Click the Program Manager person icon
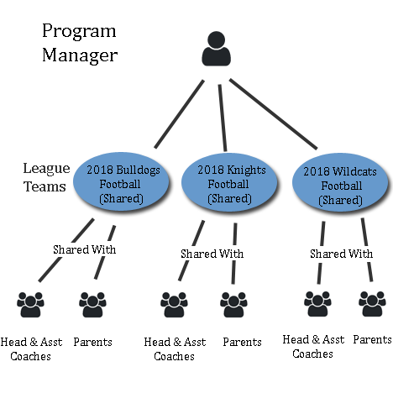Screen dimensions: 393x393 pos(216,49)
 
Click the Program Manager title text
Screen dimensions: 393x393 pos(80,43)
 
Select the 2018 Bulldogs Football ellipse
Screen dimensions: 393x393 pos(121,182)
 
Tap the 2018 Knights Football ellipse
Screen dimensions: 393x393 pos(229,182)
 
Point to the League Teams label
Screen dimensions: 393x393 pos(46,177)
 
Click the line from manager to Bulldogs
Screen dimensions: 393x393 pos(179,114)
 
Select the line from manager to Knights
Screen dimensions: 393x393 pos(223,118)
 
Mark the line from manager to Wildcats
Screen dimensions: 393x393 pos(273,114)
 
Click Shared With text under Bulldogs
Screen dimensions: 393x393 pos(85,249)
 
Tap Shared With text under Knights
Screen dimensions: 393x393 pos(212,254)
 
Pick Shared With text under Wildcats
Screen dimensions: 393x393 pos(341,254)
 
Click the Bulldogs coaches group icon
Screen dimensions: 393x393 pos(30,305)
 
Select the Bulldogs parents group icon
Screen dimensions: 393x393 pos(92,305)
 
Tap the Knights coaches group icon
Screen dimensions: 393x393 pos(174,305)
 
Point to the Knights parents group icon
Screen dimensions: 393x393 pos(233,305)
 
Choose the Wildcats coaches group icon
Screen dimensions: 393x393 pos(317,304)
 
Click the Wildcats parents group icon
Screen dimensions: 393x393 pos(372,304)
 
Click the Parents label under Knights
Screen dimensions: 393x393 pos(242,342)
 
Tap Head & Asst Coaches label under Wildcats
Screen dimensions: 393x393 pos(313,347)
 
